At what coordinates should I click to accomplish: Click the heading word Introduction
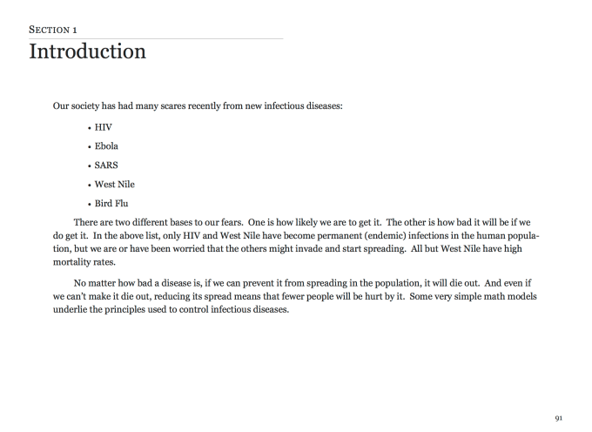click(x=87, y=51)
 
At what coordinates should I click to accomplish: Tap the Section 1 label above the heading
click(x=54, y=30)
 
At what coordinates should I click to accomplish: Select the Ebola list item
click(x=106, y=145)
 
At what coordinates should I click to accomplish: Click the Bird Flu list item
click(x=111, y=203)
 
